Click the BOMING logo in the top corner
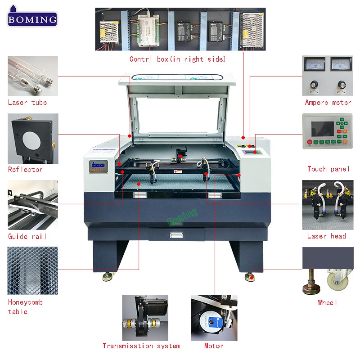click(x=32, y=17)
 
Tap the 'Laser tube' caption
click(x=27, y=103)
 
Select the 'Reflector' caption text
click(x=25, y=170)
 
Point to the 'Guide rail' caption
click(x=27, y=236)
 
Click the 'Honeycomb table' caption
click(x=25, y=307)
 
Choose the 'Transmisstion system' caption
click(x=141, y=346)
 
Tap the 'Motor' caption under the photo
click(x=214, y=346)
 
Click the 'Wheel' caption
click(x=328, y=302)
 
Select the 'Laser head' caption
click(x=327, y=236)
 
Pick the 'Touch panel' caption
click(x=328, y=169)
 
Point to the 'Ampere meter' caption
click(x=328, y=103)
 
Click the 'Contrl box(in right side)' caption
click(x=177, y=59)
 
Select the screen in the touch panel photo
click(x=322, y=129)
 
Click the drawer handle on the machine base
click(x=176, y=235)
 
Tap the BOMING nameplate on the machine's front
click(x=98, y=166)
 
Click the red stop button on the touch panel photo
click(x=310, y=142)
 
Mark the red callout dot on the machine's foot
click(x=252, y=278)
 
